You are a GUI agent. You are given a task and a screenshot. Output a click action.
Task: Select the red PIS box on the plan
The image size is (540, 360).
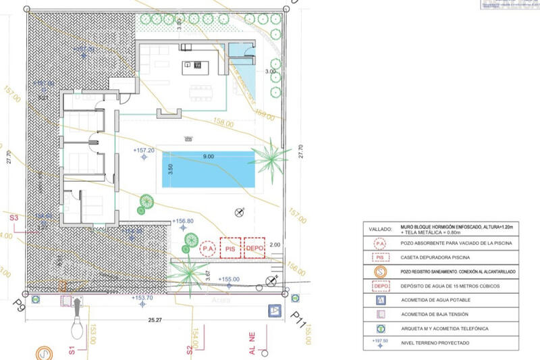(231, 249)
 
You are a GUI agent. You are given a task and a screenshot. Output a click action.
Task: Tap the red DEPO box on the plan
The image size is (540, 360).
(254, 249)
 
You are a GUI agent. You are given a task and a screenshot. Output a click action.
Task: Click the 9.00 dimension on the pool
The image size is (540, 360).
(207, 156)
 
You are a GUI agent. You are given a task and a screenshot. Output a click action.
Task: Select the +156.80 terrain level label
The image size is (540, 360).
(183, 221)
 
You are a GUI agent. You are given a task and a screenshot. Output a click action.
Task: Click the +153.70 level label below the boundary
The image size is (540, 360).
(143, 297)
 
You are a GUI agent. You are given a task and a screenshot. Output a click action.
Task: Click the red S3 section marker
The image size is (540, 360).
(13, 217)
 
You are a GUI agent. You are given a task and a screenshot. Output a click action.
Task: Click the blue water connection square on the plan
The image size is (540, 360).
(274, 310)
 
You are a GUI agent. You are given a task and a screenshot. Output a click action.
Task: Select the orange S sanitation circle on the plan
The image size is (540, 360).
(44, 353)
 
